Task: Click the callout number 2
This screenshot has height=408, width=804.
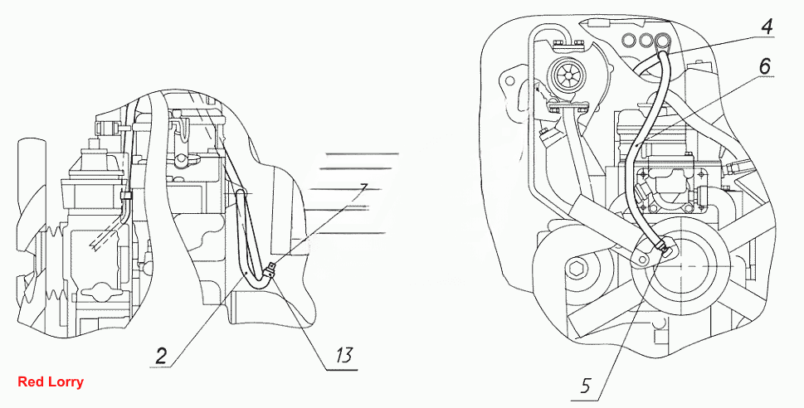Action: [x=161, y=357]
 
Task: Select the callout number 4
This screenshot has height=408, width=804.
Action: [x=766, y=27]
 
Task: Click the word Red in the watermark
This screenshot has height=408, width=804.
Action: [x=27, y=381]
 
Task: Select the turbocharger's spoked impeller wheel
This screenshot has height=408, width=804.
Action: [x=566, y=75]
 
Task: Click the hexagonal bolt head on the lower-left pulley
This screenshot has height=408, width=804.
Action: [x=577, y=266]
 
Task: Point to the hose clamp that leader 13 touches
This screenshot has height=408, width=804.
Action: [x=270, y=269]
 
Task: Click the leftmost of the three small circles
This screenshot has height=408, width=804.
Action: [x=627, y=39]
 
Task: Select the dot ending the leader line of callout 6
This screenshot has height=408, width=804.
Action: [x=636, y=146]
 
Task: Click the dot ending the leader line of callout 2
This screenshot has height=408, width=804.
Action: [x=247, y=274]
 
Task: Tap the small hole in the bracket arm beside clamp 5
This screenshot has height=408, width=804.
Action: [x=641, y=263]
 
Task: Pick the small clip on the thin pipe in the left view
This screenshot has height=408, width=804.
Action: [x=124, y=195]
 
